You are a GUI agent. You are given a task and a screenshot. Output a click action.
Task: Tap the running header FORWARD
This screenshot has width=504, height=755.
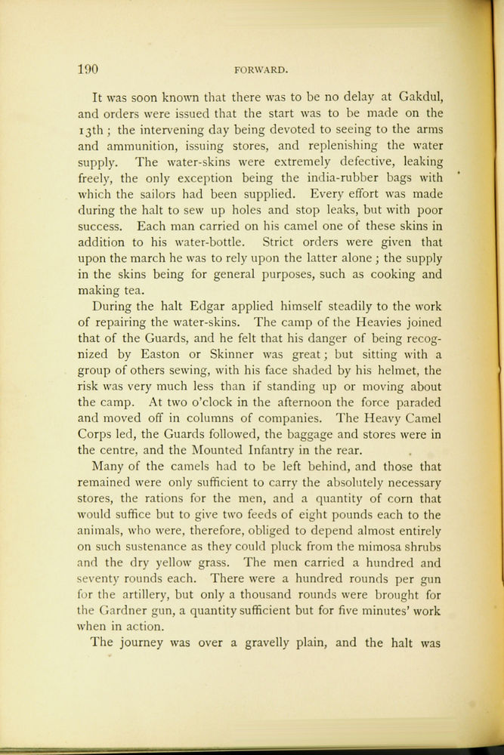point(261,71)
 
